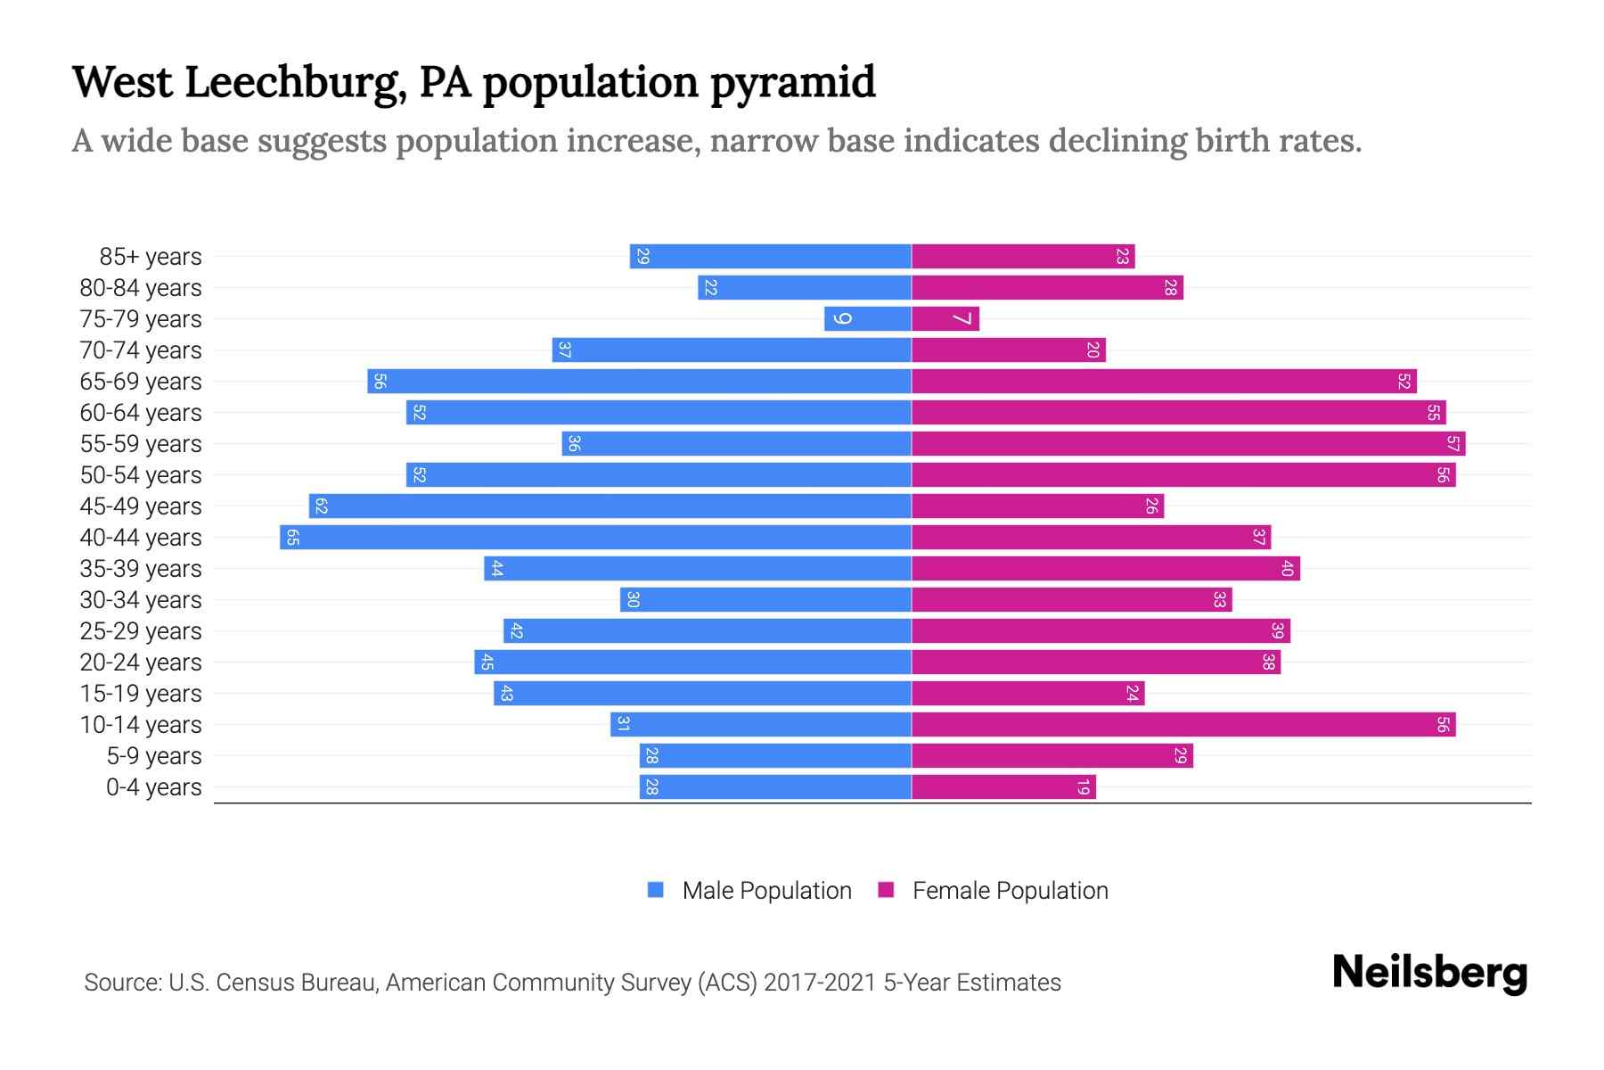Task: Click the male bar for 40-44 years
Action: (x=595, y=538)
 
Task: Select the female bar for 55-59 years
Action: (x=1188, y=444)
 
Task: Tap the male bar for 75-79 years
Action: (x=868, y=319)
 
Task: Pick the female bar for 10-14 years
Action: (x=1183, y=725)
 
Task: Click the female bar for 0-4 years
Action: (x=1003, y=787)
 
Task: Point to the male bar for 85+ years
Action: (x=771, y=257)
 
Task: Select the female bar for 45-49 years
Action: (x=1037, y=506)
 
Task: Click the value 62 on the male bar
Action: (x=322, y=506)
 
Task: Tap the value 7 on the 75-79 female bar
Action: (x=962, y=319)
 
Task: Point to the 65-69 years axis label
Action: (x=141, y=382)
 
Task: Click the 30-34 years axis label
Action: (x=141, y=600)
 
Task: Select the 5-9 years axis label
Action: (x=154, y=756)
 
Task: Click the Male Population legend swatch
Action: (x=656, y=890)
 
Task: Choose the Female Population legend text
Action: (x=1010, y=890)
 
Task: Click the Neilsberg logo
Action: (x=1429, y=973)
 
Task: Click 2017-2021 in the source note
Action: (x=820, y=983)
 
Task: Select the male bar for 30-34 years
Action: (x=765, y=600)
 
